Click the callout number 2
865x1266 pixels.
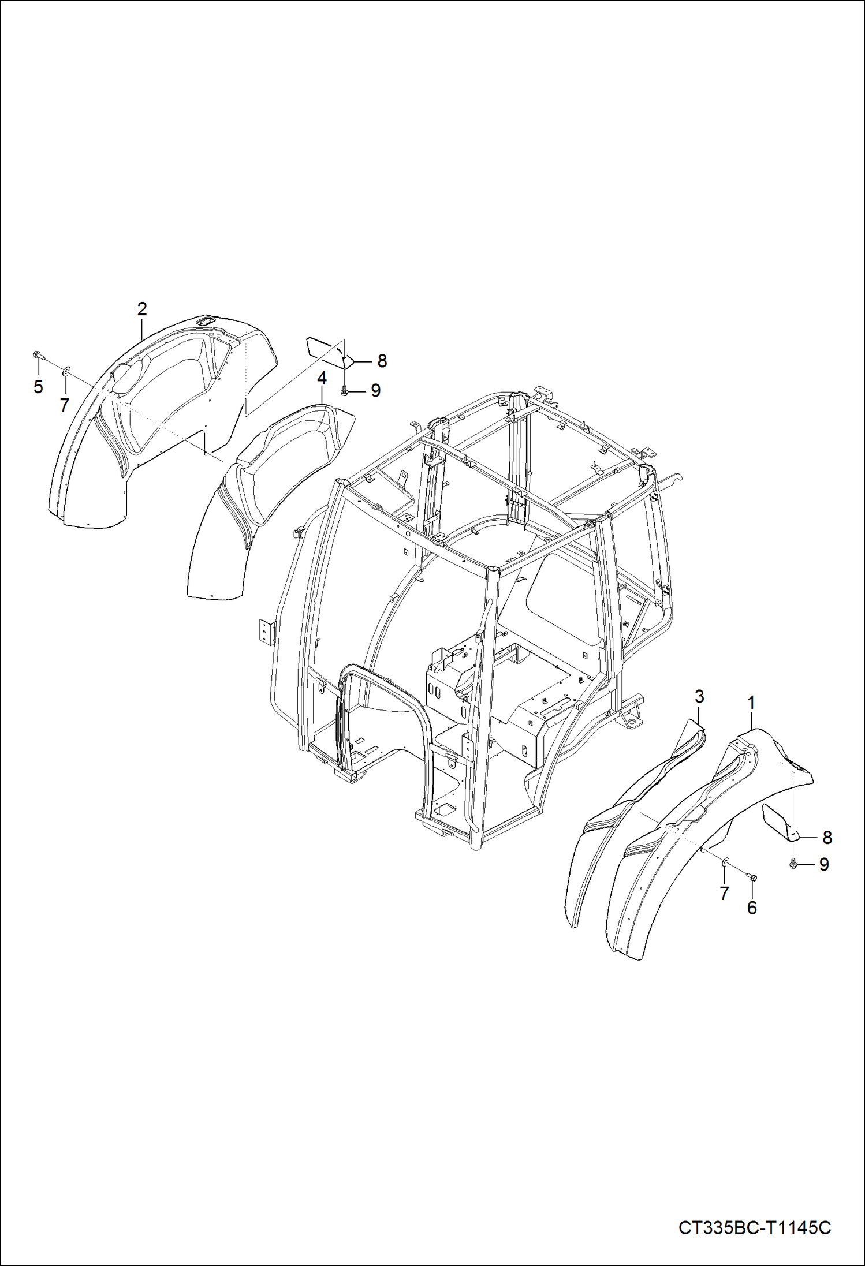(142, 309)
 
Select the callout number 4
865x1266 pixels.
(322, 379)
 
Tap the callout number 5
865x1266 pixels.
(38, 387)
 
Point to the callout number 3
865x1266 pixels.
(699, 697)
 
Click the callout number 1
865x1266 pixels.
(751, 703)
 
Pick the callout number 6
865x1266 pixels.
(752, 908)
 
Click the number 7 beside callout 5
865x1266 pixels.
(64, 405)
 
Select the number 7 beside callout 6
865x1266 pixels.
(724, 893)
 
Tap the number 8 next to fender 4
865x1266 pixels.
(382, 361)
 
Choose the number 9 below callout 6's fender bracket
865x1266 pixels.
(824, 864)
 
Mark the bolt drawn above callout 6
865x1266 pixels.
(753, 878)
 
